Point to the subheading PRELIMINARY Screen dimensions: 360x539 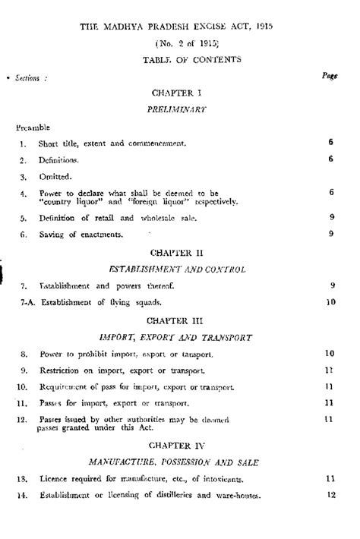(x=180, y=109)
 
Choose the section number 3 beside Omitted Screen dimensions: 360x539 (x=23, y=177)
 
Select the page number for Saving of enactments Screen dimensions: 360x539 (x=332, y=234)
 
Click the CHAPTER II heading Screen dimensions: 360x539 (x=180, y=251)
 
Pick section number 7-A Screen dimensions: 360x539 (x=21, y=302)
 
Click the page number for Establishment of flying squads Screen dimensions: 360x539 (x=330, y=302)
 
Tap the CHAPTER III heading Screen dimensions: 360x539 (x=180, y=320)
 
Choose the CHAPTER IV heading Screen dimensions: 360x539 (x=180, y=445)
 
